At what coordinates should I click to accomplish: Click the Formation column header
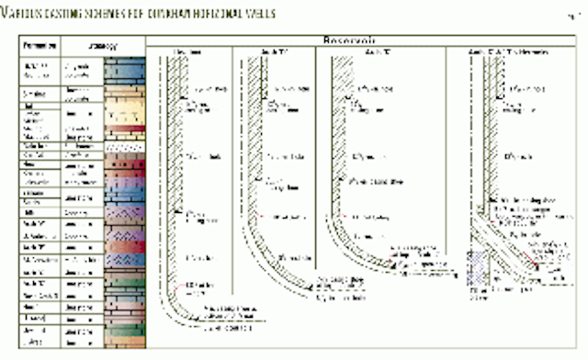click(x=41, y=44)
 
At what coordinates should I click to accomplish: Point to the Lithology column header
click(x=84, y=44)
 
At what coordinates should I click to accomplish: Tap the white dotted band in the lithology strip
click(x=124, y=146)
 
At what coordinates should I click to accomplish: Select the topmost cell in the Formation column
click(x=41, y=67)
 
